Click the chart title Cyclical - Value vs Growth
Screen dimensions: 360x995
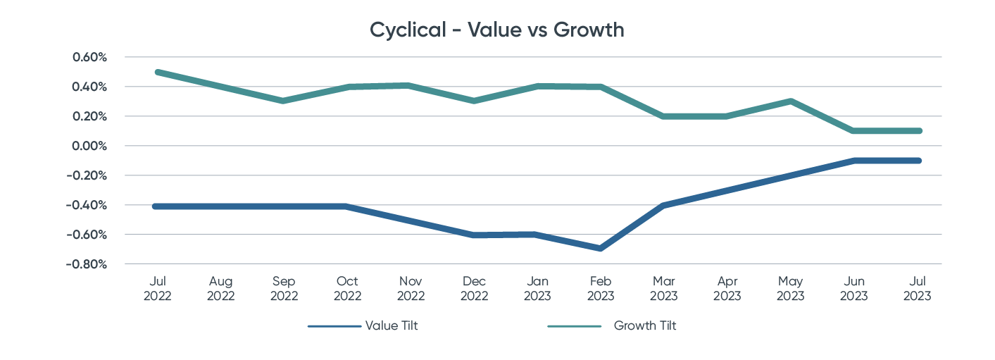pyautogui.click(x=497, y=31)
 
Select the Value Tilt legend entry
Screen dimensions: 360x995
pyautogui.click(x=391, y=325)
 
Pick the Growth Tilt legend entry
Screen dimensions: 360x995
pyautogui.click(x=644, y=325)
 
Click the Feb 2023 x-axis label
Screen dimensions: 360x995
pyautogui.click(x=600, y=289)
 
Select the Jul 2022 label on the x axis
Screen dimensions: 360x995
pyautogui.click(x=157, y=289)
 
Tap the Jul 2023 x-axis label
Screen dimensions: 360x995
pyautogui.click(x=917, y=289)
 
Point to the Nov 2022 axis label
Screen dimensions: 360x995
pyautogui.click(x=411, y=289)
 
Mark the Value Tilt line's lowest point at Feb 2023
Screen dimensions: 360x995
pyautogui.click(x=600, y=249)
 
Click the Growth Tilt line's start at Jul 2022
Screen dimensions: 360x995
pyautogui.click(x=157, y=72)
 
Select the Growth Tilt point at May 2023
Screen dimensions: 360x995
pyautogui.click(x=790, y=101)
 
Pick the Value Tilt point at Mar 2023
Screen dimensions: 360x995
pyautogui.click(x=663, y=205)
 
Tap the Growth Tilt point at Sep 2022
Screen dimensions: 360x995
pyautogui.click(x=284, y=101)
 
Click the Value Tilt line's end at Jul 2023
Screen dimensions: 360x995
pyautogui.click(x=917, y=161)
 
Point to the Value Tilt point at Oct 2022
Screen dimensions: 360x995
pyautogui.click(x=347, y=206)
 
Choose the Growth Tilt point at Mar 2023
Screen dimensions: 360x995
pyautogui.click(x=663, y=116)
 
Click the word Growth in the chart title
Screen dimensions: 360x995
pyautogui.click(x=589, y=31)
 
